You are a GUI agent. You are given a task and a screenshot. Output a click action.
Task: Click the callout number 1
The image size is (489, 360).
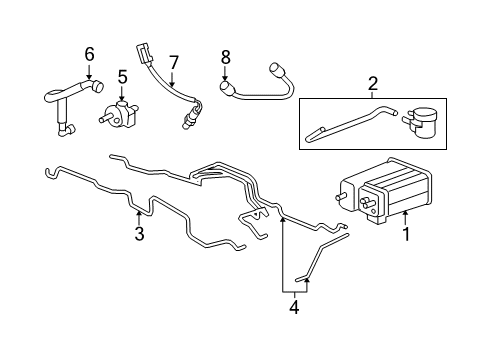coord(406,234)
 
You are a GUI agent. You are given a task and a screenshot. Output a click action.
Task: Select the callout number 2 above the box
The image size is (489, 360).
coord(373,84)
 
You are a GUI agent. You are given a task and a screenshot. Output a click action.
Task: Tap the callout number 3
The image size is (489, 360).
coord(139,233)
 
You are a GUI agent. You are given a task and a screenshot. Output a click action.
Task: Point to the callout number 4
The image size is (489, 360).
coord(294,307)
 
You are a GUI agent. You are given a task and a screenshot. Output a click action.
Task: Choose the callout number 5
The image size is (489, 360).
coord(122,77)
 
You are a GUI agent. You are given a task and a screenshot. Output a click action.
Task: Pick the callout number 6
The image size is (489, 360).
coord(89,54)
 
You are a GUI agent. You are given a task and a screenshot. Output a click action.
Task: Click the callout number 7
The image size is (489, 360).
coord(174,63)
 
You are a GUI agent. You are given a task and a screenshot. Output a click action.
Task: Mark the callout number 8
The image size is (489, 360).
coord(225,57)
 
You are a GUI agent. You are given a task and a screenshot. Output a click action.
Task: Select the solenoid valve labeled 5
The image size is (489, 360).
coord(119,114)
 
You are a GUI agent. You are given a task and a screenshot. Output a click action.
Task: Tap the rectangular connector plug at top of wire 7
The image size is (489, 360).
coord(143,54)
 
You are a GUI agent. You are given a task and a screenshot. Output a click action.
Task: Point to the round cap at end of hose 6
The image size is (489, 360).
coord(98,86)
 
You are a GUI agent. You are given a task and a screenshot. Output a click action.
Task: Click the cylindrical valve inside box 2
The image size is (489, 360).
coord(421,122)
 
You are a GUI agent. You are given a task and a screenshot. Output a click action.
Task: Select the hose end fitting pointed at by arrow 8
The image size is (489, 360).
coord(227,88)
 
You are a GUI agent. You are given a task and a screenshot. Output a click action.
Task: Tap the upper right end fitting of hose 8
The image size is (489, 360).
coord(276,69)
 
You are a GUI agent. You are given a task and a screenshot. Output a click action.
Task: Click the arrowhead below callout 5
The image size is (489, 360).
coord(122,98)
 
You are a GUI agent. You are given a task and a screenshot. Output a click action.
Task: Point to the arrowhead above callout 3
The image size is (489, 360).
coord(139,213)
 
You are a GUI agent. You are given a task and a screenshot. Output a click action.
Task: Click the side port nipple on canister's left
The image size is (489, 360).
coord(340,197)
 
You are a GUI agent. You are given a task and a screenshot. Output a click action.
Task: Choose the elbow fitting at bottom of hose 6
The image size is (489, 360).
coord(66,129)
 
